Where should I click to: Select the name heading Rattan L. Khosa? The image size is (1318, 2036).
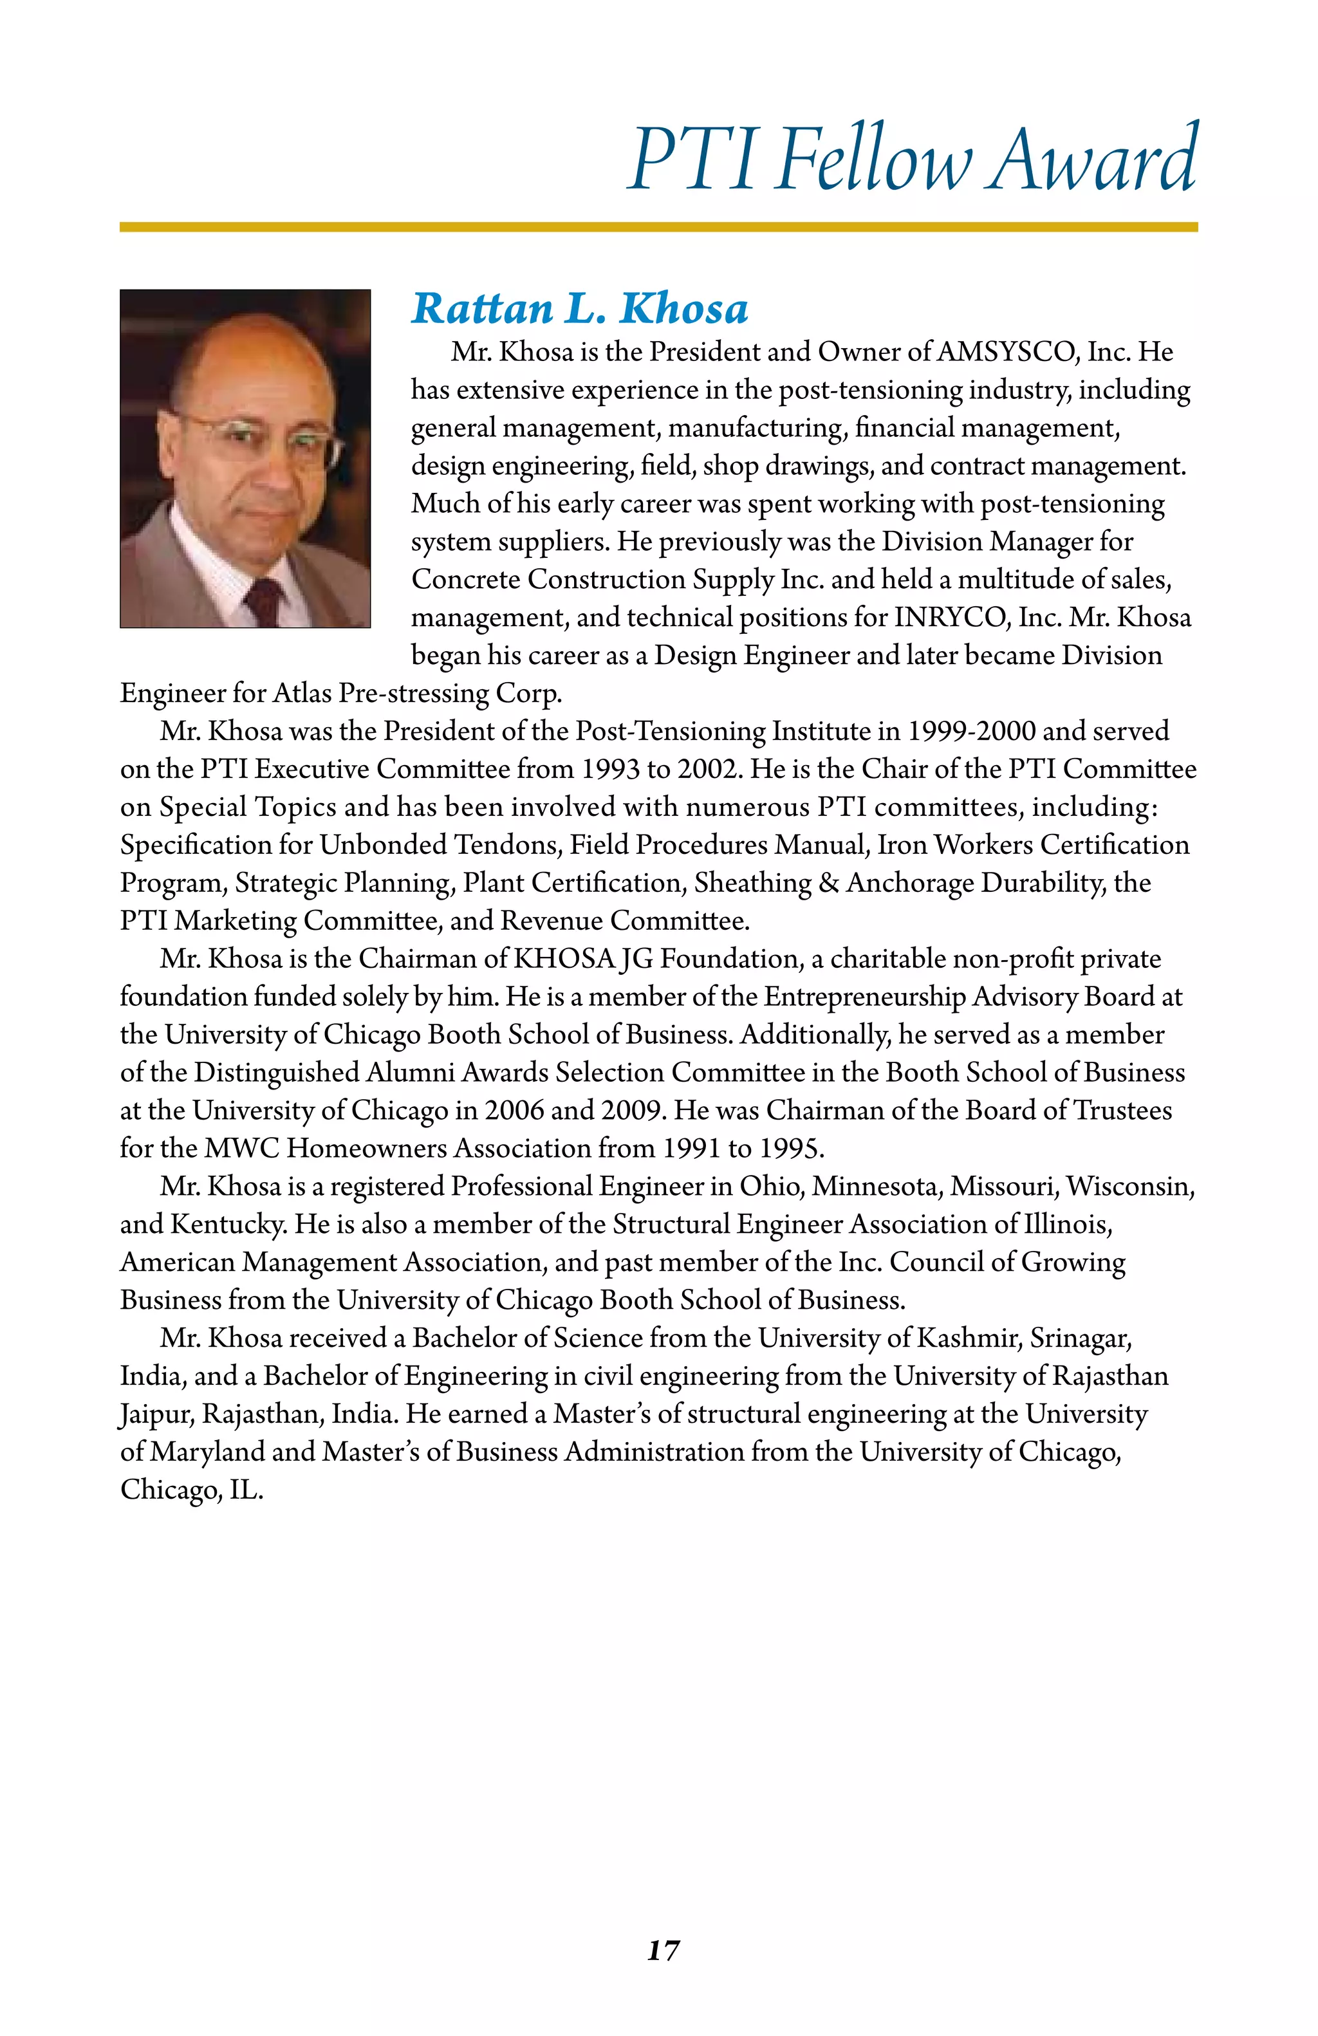coord(580,309)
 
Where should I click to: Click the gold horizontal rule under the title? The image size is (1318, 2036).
coord(658,227)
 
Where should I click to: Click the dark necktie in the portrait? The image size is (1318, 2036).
coord(263,599)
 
